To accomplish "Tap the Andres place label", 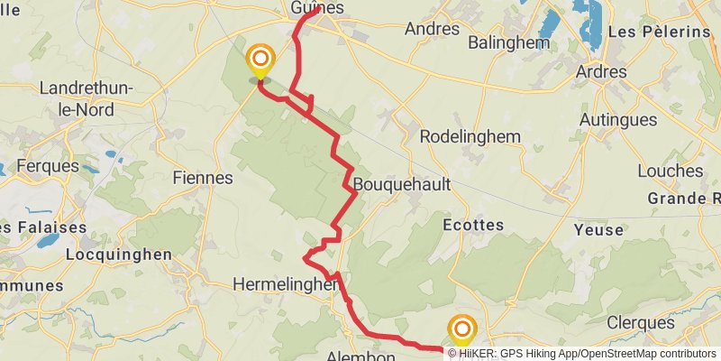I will [433, 29].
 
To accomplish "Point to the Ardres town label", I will [601, 71].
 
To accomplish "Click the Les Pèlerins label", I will [660, 32].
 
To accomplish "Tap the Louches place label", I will [670, 171].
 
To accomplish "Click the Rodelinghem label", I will [471, 136].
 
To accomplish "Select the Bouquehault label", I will [401, 184].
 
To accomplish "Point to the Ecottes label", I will [474, 225].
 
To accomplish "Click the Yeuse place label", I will [598, 230].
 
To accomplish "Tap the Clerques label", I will [641, 322].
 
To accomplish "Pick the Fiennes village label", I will [202, 179].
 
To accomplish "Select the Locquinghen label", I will [118, 255].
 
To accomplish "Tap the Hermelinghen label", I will [285, 284].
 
